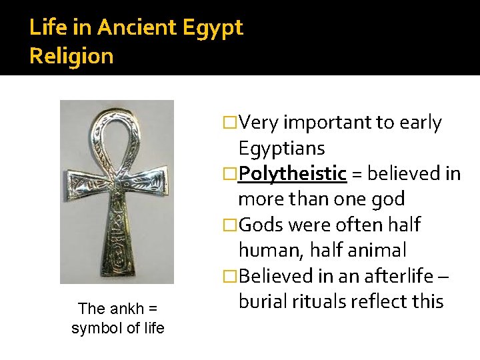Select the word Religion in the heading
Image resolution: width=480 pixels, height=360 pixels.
(71, 56)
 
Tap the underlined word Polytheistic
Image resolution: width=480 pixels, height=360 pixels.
(293, 174)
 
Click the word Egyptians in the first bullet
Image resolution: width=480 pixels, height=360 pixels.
(281, 148)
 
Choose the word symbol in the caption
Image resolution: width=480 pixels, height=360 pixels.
(93, 328)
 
